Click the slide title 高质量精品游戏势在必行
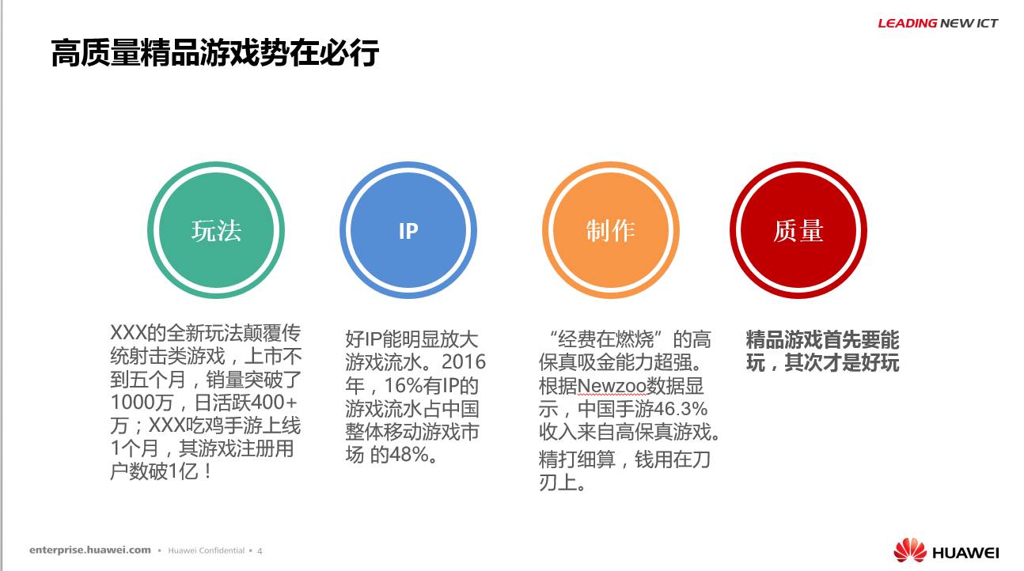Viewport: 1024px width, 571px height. click(x=215, y=53)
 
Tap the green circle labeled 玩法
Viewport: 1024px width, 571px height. click(x=216, y=230)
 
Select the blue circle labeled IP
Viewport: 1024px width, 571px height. click(x=408, y=230)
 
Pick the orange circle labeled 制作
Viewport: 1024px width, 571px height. click(x=611, y=230)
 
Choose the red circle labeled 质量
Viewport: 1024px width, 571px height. click(x=798, y=230)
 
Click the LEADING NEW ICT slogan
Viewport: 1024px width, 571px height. click(x=938, y=23)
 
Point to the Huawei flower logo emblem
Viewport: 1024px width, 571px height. click(x=910, y=550)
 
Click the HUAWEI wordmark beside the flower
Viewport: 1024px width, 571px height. click(x=965, y=553)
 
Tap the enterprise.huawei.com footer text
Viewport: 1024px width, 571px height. click(x=90, y=550)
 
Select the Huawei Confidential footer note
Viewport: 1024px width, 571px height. click(x=207, y=550)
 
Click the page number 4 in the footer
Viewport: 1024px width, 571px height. click(x=260, y=551)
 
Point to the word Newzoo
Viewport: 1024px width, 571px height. click(x=612, y=386)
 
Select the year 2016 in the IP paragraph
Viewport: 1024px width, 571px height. click(x=464, y=361)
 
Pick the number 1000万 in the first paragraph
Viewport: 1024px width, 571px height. click(x=142, y=403)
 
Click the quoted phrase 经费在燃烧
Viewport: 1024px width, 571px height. click(x=606, y=339)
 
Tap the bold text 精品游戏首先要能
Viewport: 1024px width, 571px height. click(x=822, y=339)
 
